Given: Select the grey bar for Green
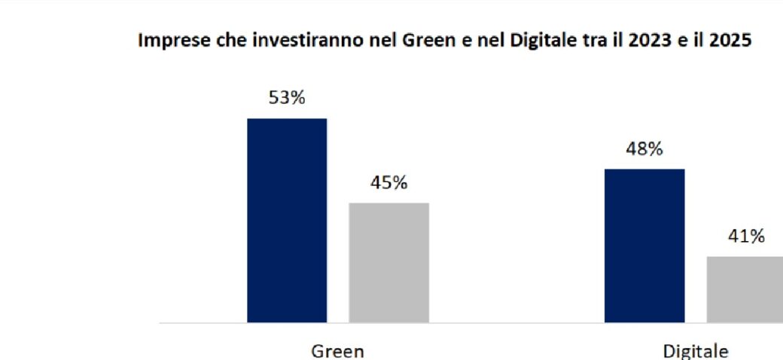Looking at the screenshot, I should point(388,263).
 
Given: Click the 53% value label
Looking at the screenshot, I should point(287,98).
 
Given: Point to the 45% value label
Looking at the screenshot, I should point(388,183).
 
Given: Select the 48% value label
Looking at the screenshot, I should point(644,149).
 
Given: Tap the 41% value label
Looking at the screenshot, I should point(746,236).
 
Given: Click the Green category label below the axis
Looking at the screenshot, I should point(337,351).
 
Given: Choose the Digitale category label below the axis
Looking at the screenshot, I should point(695,351).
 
